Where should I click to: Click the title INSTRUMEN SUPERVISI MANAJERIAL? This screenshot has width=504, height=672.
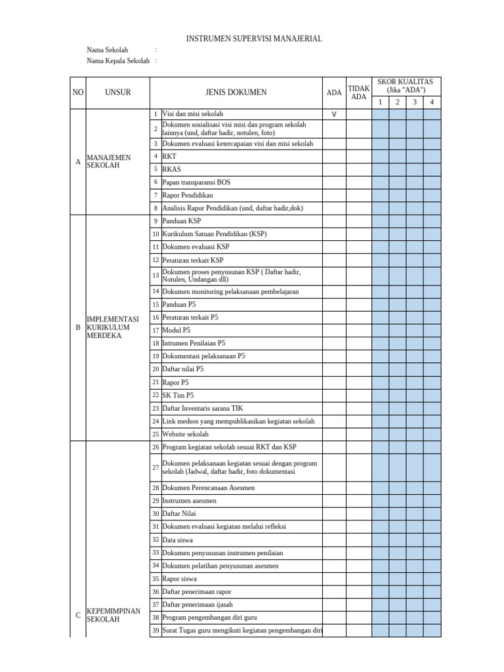(254, 39)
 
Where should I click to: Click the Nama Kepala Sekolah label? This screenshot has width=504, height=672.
(118, 61)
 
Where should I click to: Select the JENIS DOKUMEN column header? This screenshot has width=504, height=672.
(236, 93)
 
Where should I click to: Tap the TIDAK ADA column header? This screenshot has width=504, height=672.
(358, 93)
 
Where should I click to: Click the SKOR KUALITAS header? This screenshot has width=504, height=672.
(406, 85)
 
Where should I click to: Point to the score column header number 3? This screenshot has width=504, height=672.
(414, 102)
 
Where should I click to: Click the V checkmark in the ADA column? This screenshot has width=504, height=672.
(334, 114)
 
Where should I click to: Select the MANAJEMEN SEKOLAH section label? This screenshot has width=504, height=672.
(109, 161)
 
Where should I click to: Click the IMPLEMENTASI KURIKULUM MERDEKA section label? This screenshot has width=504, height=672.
(113, 327)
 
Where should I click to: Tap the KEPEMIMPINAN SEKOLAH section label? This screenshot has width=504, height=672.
(114, 615)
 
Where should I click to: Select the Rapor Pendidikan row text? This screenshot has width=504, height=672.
(188, 195)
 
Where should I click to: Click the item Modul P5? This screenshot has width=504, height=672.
(177, 330)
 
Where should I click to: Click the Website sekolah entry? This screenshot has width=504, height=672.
(185, 434)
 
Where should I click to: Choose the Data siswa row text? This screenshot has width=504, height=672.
(178, 539)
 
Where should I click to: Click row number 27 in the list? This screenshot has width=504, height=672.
(156, 467)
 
